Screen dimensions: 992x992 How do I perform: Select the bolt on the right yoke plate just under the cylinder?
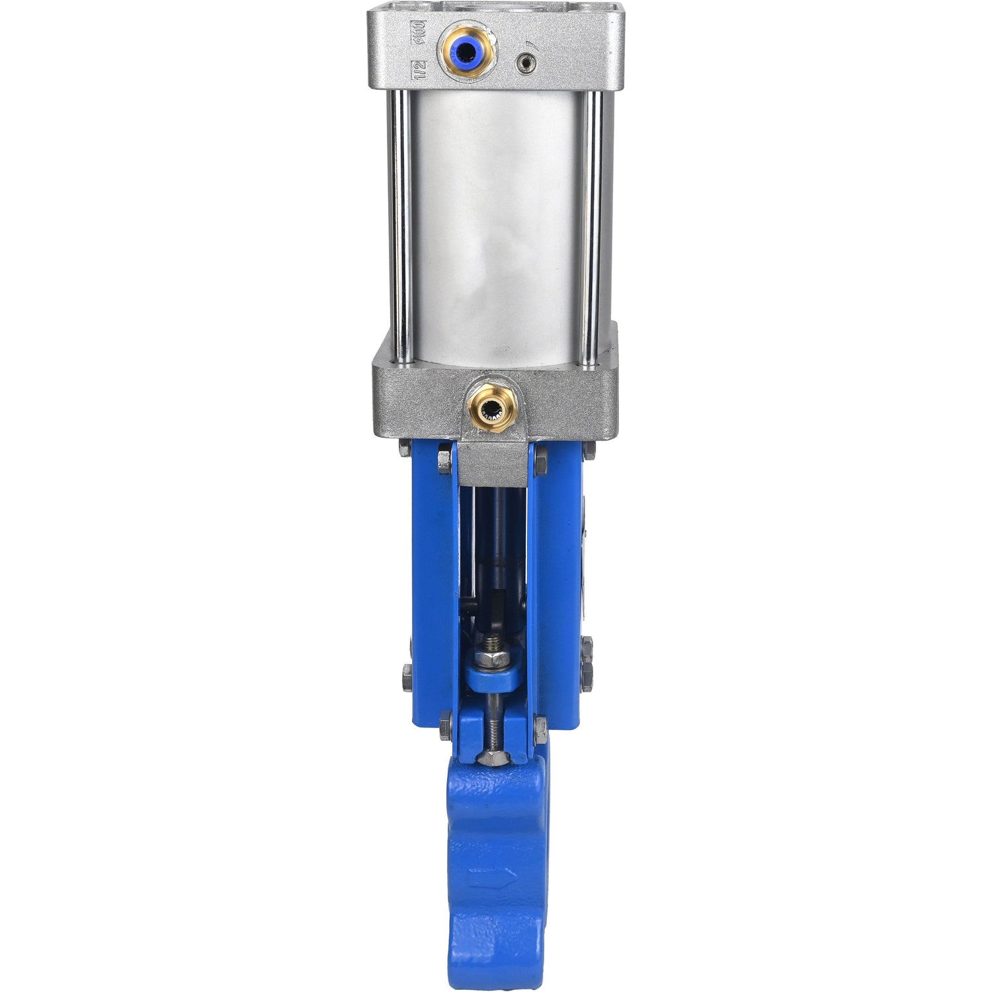[540, 461]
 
